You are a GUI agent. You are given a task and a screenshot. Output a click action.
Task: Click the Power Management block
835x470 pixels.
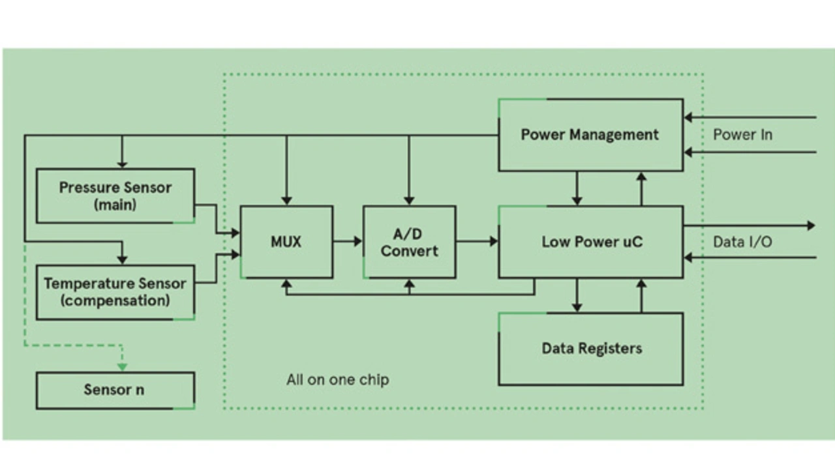click(x=590, y=135)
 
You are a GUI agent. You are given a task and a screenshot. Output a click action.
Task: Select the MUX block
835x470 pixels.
click(x=286, y=242)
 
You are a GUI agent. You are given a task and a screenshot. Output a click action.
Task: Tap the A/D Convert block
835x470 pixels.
click(x=409, y=242)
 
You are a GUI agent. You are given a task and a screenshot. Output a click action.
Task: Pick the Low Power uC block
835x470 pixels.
click(x=591, y=242)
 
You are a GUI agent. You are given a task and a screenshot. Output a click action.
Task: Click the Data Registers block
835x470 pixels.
click(x=591, y=348)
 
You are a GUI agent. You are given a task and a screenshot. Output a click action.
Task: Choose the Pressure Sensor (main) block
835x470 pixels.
click(x=115, y=196)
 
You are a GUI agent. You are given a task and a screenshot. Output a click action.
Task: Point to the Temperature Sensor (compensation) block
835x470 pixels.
click(x=115, y=292)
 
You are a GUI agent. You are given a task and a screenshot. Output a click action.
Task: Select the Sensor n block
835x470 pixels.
click(x=115, y=390)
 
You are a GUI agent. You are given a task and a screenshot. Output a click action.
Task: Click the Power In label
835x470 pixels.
click(x=742, y=135)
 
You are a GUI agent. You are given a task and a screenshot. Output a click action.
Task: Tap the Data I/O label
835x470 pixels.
click(x=742, y=242)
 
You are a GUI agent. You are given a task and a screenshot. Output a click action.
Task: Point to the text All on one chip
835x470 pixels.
click(x=337, y=379)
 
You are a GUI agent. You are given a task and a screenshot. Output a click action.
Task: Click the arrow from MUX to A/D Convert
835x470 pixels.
click(x=348, y=242)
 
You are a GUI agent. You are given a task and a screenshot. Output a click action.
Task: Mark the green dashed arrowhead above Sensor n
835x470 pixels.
click(x=122, y=367)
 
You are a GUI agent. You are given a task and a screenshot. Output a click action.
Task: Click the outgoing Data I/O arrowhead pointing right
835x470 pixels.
click(x=811, y=226)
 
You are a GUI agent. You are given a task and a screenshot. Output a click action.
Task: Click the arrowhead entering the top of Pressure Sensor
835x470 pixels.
click(x=122, y=164)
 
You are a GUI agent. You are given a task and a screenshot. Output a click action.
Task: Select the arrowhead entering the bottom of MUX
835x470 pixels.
click(x=286, y=284)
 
